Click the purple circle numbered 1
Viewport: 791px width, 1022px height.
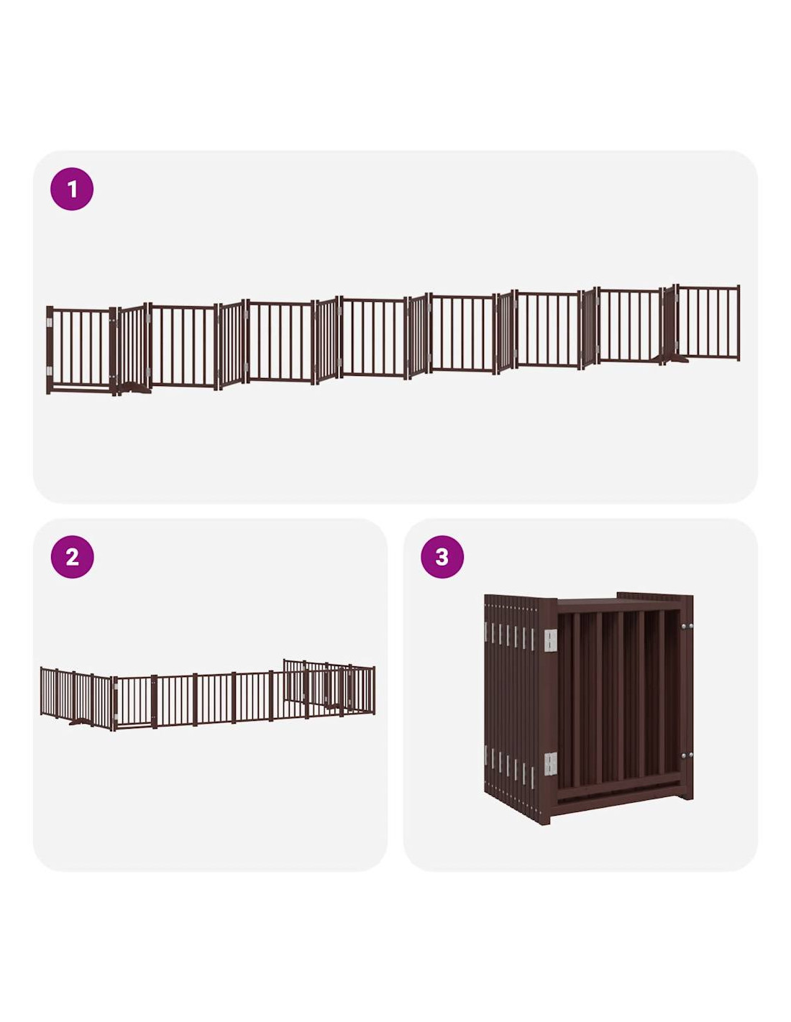[x=71, y=188]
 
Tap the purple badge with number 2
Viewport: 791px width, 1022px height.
[x=72, y=557]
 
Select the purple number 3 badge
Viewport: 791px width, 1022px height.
[x=442, y=557]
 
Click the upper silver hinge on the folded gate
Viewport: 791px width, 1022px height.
[x=550, y=640]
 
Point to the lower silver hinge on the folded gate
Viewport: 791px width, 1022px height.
[x=550, y=763]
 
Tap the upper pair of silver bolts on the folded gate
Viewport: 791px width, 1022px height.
[x=687, y=627]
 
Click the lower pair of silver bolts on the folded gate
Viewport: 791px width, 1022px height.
[x=687, y=755]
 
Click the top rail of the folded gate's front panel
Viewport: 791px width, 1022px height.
[x=618, y=607]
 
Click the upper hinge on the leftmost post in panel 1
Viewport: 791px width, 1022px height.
[x=50, y=323]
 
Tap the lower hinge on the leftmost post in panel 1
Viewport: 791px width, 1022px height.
[x=50, y=371]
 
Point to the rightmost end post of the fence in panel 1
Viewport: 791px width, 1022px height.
[x=738, y=323]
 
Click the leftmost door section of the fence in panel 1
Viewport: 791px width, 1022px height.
[x=81, y=350]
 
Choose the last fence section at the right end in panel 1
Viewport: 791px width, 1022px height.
[x=708, y=323]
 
